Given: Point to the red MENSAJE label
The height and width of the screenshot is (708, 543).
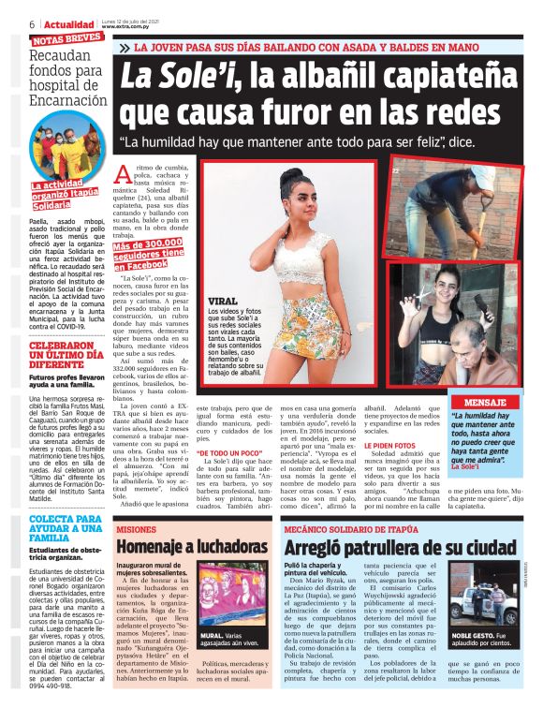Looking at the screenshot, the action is coord(491,402).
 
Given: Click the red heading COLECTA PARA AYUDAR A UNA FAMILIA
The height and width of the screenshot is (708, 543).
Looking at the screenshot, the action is coord(57,531).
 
